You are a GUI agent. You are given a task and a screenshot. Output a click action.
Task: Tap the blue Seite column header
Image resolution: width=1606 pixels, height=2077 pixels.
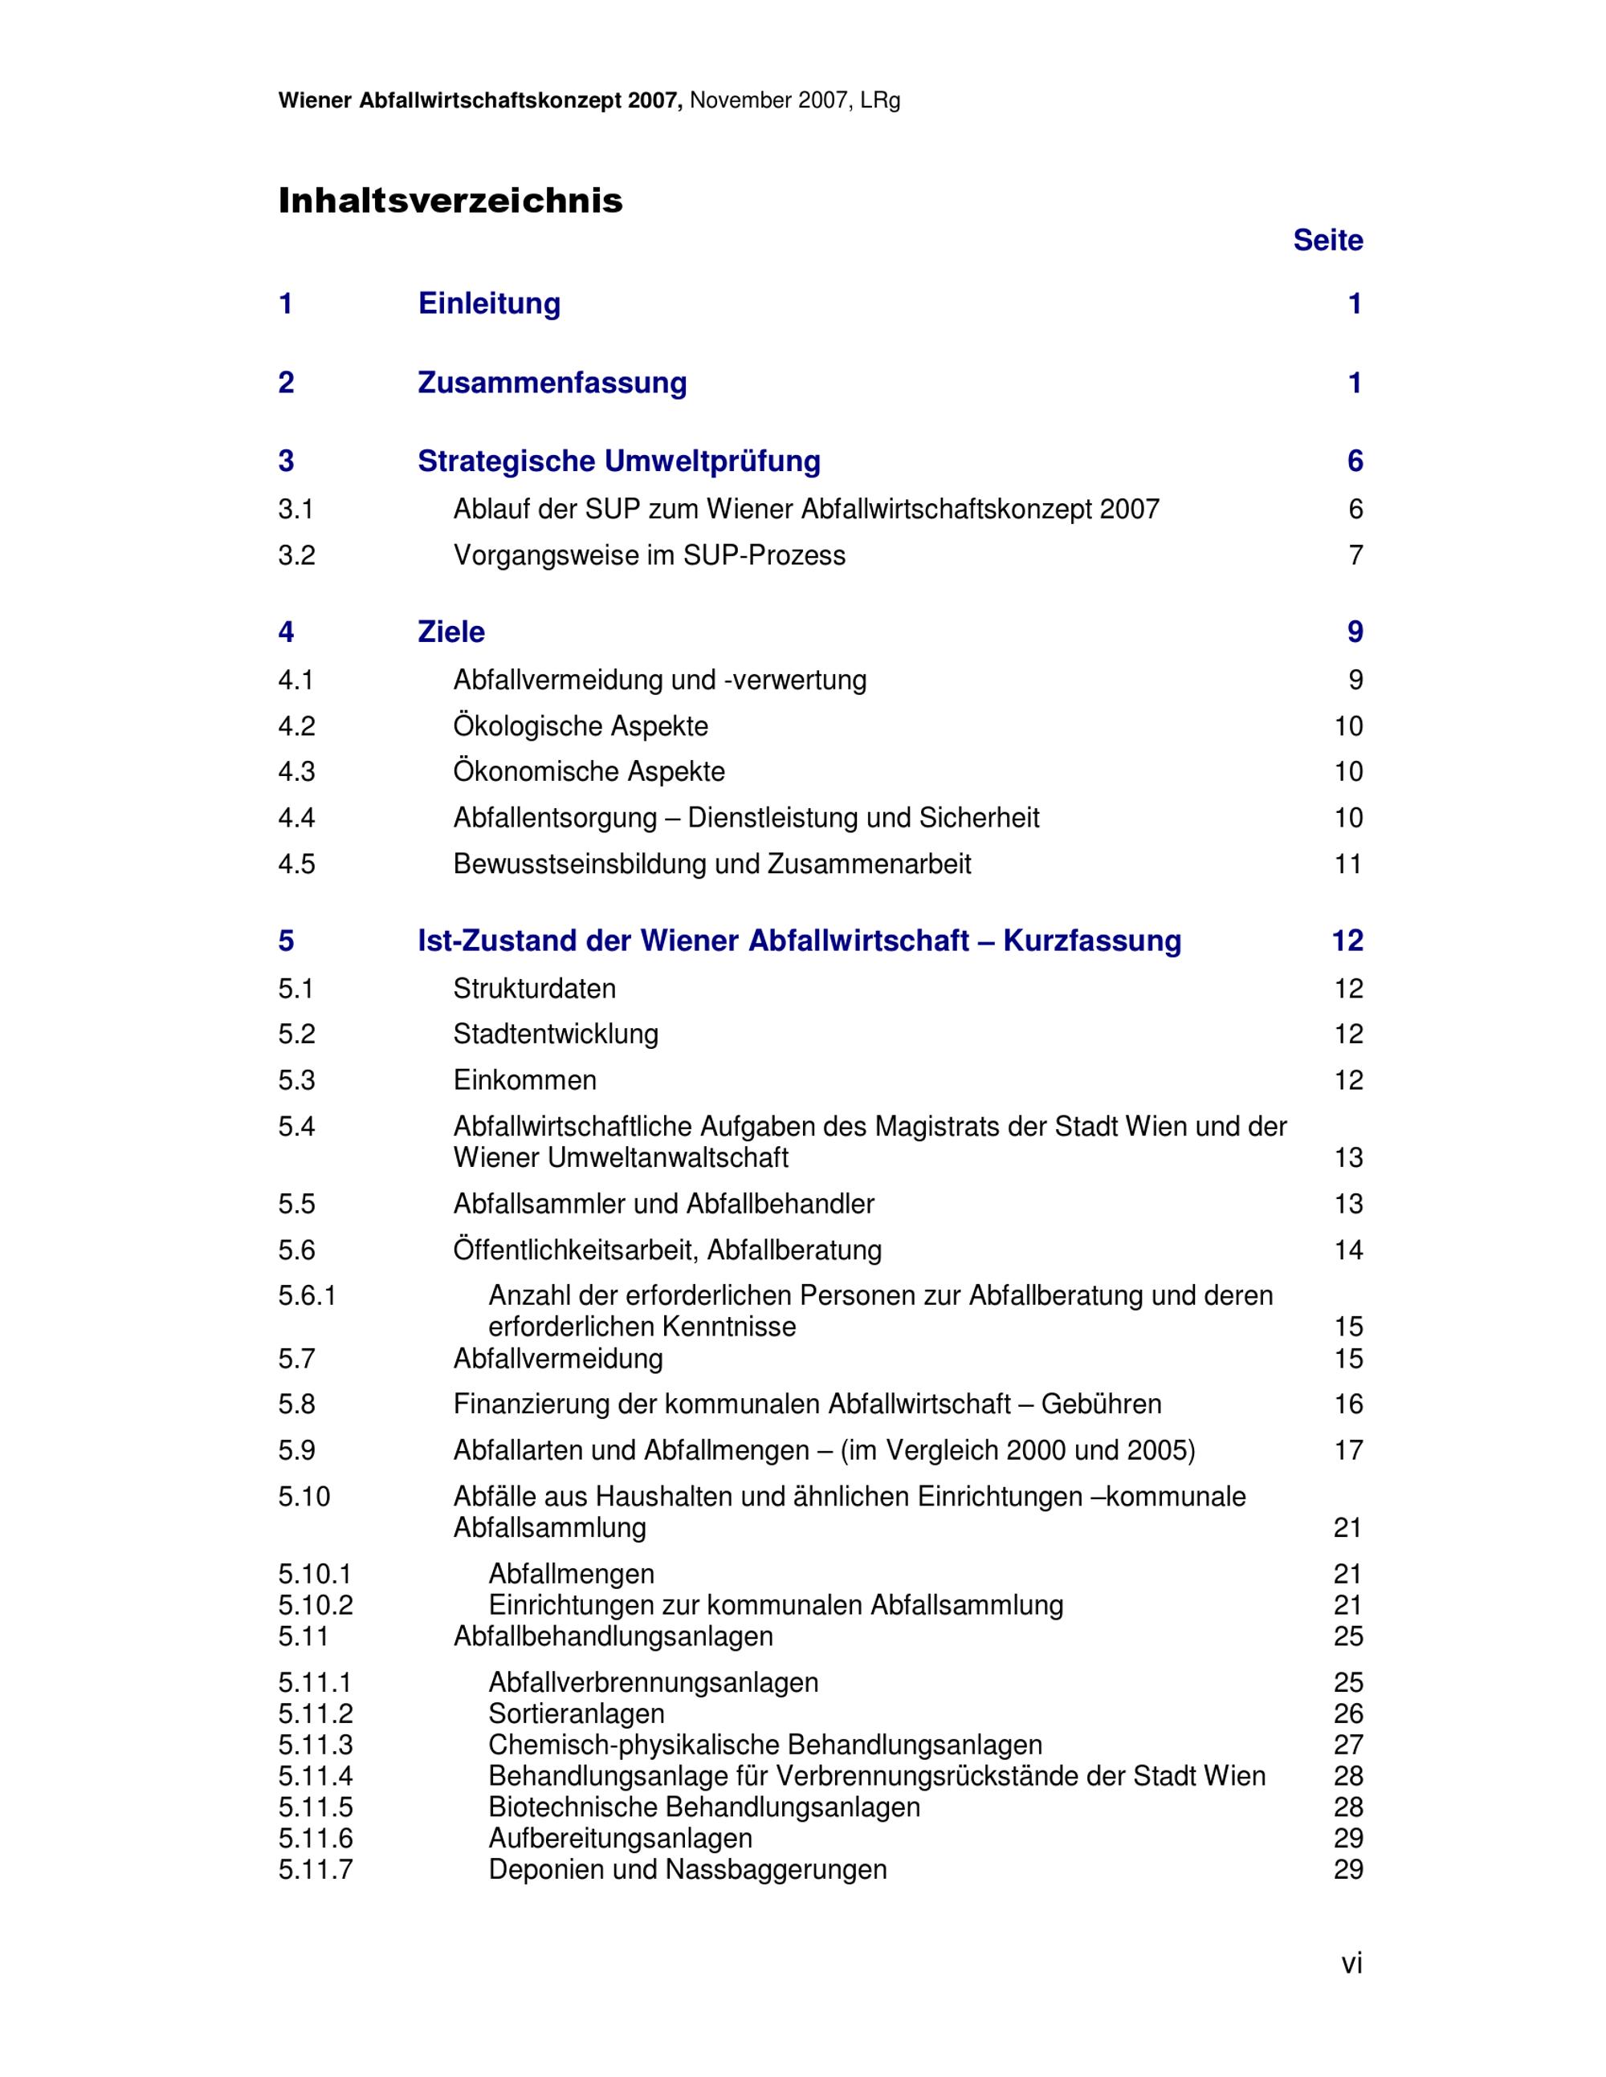tap(1327, 241)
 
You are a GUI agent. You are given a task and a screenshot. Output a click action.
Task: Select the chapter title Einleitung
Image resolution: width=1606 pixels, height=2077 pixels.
tap(489, 303)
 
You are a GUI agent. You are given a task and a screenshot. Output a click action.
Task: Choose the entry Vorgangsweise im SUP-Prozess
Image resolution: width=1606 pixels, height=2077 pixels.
tap(649, 555)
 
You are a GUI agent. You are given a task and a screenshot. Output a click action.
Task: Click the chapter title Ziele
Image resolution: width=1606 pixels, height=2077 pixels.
tap(451, 632)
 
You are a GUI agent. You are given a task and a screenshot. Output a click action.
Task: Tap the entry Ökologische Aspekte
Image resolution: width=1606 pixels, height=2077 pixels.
tap(581, 726)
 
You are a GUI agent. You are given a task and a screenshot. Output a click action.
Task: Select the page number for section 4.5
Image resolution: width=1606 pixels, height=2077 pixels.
tap(1348, 864)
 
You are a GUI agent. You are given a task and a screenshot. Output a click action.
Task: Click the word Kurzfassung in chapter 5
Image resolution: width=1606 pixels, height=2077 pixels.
tap(1092, 941)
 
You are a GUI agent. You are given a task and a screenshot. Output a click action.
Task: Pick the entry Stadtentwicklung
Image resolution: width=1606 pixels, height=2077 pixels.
tap(556, 1034)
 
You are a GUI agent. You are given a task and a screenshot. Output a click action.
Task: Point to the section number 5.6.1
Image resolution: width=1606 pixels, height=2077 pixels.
tap(308, 1295)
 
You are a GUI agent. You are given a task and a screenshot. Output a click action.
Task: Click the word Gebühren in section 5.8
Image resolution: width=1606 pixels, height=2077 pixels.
tap(1101, 1404)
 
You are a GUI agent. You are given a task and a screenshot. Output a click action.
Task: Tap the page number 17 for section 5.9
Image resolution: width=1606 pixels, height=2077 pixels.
tap(1348, 1450)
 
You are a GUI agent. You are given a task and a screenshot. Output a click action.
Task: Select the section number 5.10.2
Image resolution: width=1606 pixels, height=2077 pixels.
tap(315, 1605)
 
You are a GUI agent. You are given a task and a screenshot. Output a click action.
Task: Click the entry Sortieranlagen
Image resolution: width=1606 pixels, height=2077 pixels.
tap(577, 1713)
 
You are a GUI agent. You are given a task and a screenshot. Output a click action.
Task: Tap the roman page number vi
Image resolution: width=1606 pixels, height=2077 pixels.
tap(1351, 1963)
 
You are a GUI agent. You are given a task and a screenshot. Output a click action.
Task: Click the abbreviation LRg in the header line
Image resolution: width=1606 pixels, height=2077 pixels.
tap(880, 101)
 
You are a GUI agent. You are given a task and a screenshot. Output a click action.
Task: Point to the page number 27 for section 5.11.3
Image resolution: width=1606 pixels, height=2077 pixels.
tap(1348, 1745)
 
